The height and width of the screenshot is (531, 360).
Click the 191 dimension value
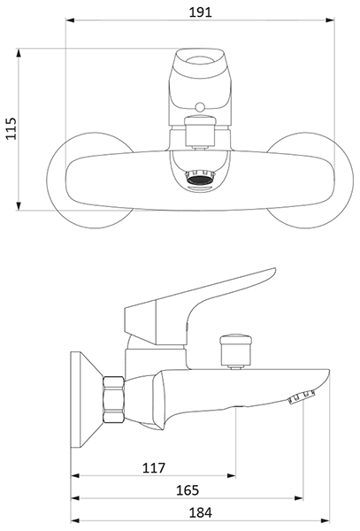[200, 12]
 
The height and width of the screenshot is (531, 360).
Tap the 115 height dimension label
[11, 128]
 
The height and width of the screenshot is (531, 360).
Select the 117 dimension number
[154, 468]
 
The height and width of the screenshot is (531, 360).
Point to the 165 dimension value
[188, 490]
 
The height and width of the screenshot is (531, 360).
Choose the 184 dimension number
[200, 512]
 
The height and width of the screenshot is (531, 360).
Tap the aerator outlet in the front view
[200, 177]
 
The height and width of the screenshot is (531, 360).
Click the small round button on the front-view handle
[200, 107]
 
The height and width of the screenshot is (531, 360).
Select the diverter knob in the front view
[200, 131]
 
